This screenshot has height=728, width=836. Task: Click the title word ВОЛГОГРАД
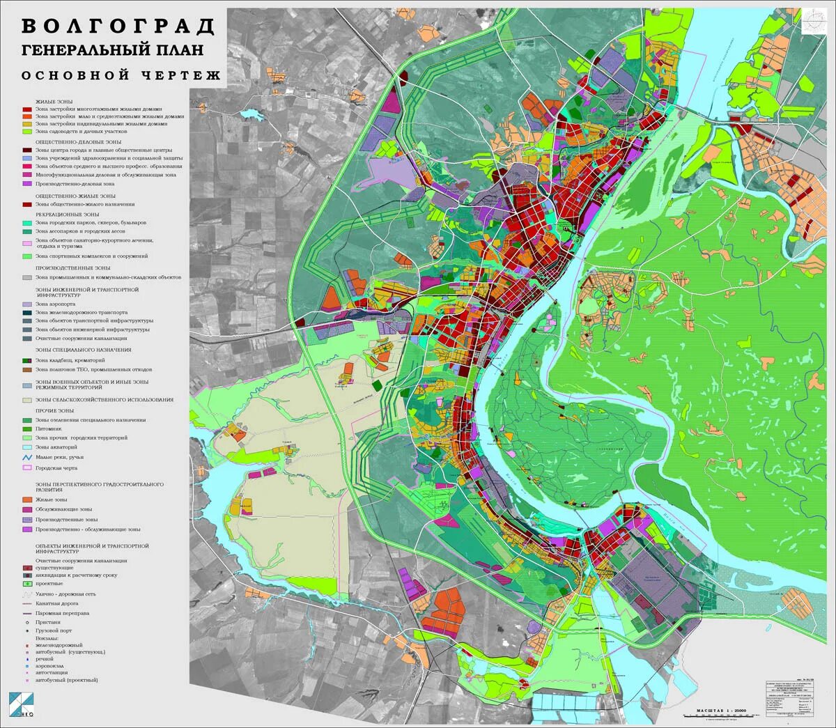[x=118, y=26]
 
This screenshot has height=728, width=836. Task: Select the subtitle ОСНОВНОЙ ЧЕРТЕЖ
[x=121, y=75]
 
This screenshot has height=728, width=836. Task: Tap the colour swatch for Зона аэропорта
[x=26, y=304]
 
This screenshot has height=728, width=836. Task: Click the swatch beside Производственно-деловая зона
[x=26, y=184]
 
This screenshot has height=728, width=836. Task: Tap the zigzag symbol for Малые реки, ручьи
[x=26, y=457]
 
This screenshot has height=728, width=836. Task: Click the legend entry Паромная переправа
[x=61, y=613]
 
